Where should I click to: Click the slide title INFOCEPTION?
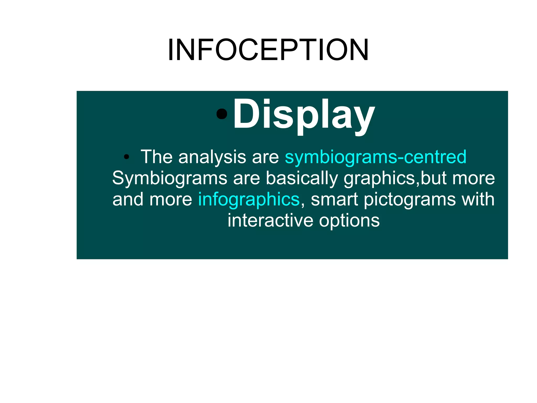click(x=268, y=50)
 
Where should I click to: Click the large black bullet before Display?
click(x=222, y=114)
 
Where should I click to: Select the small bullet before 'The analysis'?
click(x=126, y=157)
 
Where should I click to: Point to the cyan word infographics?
click(x=249, y=199)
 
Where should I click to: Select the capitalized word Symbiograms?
click(x=170, y=178)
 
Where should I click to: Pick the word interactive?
click(x=270, y=220)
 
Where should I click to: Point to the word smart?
click(x=334, y=199)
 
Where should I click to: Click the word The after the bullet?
click(x=157, y=157)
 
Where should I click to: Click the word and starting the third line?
click(x=128, y=199)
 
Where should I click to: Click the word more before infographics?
click(x=171, y=199)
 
